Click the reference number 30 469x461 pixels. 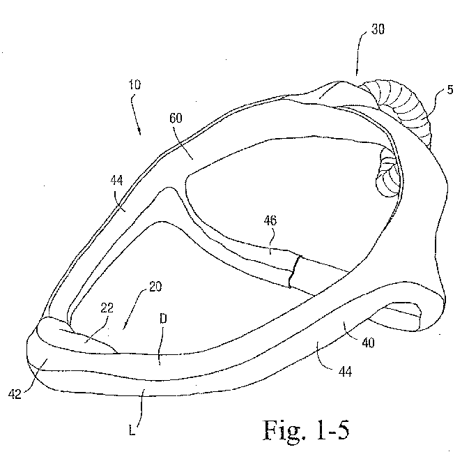378,29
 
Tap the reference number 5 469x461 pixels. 450,89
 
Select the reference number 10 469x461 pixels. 134,84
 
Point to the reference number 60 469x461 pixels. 176,118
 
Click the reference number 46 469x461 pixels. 270,220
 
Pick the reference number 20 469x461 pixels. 155,287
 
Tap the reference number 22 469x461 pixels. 107,308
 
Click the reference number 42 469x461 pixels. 15,394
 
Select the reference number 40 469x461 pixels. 368,342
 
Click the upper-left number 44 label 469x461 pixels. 116,181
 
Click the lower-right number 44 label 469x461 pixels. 345,372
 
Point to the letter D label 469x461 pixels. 163,319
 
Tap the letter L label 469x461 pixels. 132,431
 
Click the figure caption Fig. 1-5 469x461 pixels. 306,430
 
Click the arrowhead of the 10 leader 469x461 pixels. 139,131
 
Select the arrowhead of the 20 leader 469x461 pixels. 125,326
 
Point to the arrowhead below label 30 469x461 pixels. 357,73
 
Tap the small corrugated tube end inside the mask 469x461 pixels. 388,174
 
